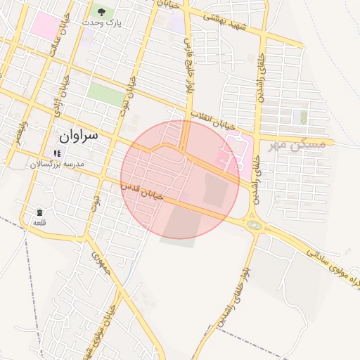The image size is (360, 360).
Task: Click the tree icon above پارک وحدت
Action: [102, 11]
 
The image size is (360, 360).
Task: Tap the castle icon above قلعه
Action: [39, 212]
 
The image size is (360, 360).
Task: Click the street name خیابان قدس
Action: [143, 191]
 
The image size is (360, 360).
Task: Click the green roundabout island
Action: [254, 226]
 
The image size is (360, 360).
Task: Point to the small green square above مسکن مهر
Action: [304, 117]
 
